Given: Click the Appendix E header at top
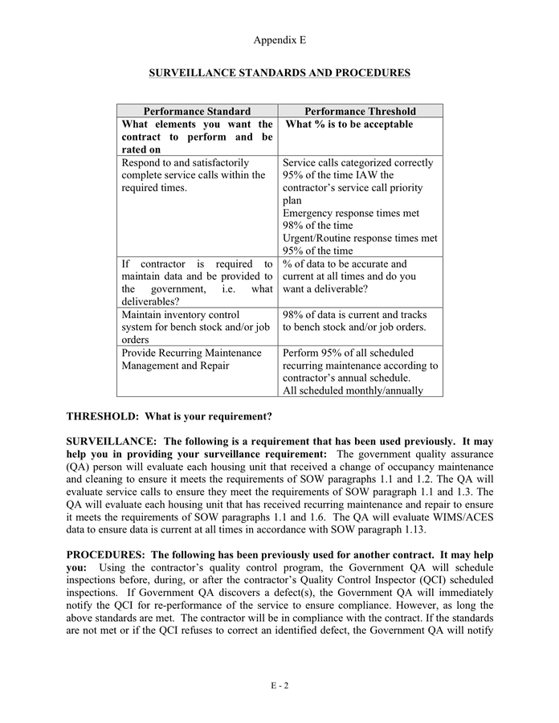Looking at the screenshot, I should tap(279, 40).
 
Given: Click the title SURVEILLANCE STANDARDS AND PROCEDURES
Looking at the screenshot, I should tap(279, 73).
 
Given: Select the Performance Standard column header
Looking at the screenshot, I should tap(197, 112).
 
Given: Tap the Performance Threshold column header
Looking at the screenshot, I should tap(360, 112).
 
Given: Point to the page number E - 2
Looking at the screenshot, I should tap(279, 685).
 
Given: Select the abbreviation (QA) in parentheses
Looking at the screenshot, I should tap(79, 468).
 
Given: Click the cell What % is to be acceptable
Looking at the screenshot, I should tap(349, 125).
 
